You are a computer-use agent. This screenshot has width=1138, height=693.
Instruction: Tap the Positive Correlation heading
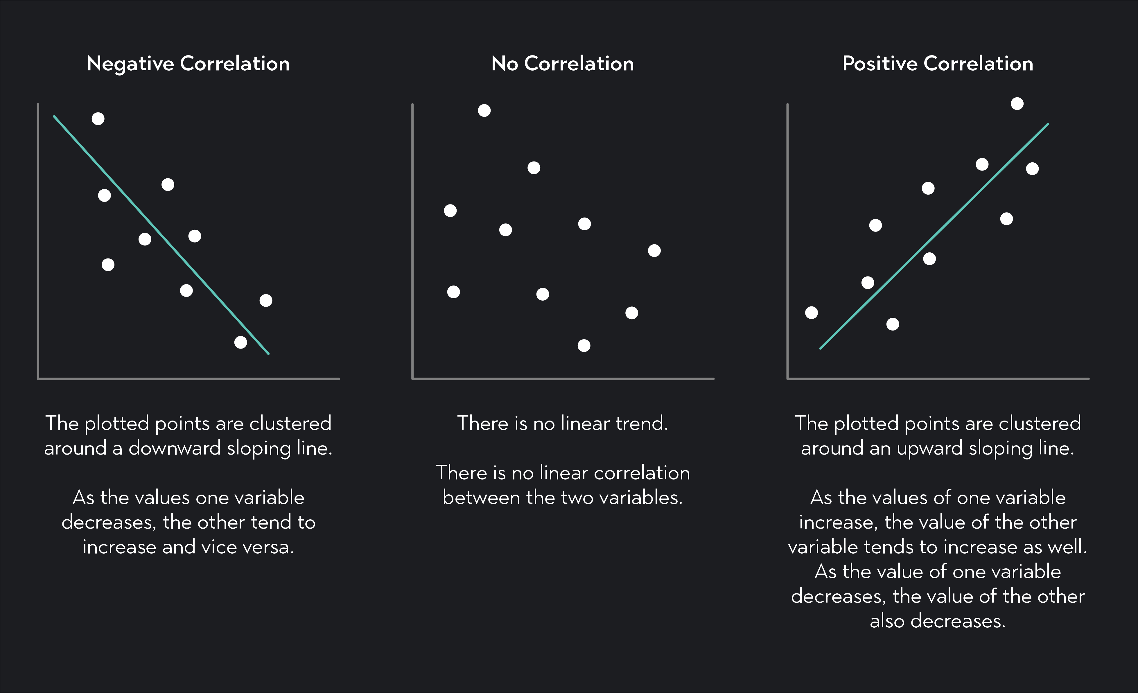938,64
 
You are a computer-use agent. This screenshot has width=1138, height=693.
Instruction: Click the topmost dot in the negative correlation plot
98,119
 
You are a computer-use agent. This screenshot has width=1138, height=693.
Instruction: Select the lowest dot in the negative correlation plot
240,342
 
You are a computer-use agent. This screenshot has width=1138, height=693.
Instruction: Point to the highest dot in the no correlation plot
484,110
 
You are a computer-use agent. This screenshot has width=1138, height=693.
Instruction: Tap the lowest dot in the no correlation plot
584,345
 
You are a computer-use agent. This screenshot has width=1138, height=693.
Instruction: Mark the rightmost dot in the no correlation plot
654,251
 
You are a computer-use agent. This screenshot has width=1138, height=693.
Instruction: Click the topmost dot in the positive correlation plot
1017,103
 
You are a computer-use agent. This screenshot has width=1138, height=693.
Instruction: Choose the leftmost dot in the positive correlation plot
812,313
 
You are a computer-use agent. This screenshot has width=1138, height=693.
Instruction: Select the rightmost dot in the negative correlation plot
265,301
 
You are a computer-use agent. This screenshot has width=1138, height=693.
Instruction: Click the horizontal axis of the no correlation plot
563,378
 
